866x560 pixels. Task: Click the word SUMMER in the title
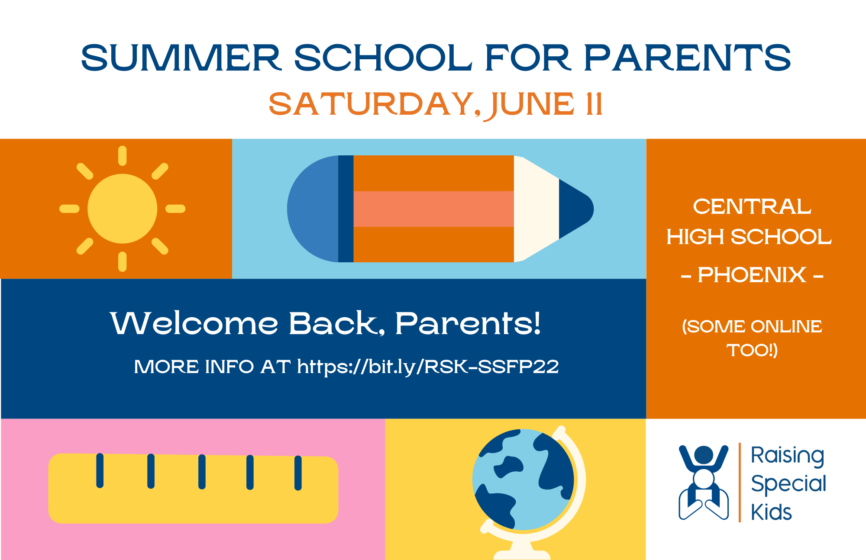click(x=181, y=58)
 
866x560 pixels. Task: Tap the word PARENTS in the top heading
click(x=688, y=58)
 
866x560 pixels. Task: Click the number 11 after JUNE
click(x=594, y=104)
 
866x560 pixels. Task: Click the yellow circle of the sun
click(x=122, y=209)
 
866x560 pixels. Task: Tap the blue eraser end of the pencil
click(x=313, y=209)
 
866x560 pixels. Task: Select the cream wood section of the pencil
click(x=536, y=209)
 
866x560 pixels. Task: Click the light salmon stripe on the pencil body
click(x=433, y=209)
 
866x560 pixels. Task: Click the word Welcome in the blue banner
click(x=194, y=323)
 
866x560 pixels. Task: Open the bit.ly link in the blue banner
click(x=428, y=367)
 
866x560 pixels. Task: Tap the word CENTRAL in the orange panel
click(x=752, y=206)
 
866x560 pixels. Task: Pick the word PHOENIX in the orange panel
click(x=752, y=275)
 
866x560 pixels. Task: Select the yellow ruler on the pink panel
click(x=193, y=488)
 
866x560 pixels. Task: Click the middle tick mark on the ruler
click(x=202, y=472)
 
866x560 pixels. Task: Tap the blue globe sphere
click(x=523, y=480)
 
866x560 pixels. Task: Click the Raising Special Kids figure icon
click(x=704, y=482)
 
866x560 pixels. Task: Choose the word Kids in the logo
click(x=771, y=512)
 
